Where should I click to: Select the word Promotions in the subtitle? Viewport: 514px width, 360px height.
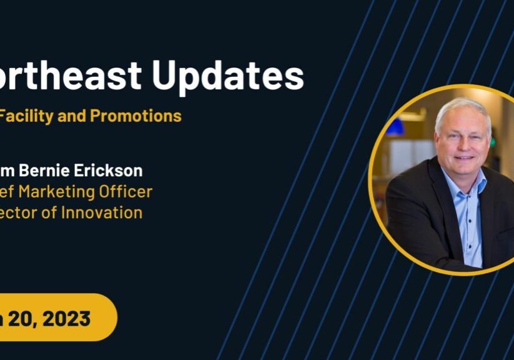tap(136, 116)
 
